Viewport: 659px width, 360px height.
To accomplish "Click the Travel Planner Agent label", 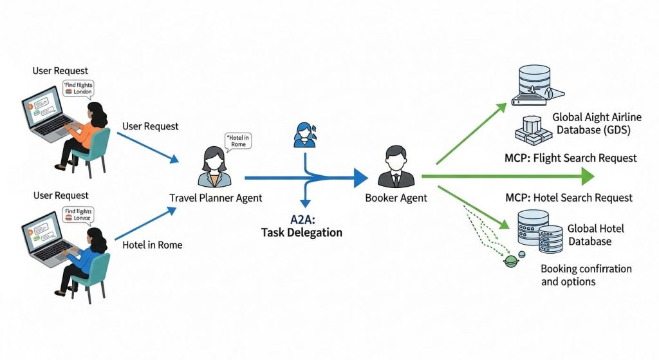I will (216, 198).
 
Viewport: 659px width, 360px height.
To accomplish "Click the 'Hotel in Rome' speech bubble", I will (237, 140).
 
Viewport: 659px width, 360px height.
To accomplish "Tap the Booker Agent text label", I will (395, 198).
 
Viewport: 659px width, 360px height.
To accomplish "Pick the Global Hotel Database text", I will (595, 235).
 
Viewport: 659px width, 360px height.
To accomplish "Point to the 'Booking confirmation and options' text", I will (586, 275).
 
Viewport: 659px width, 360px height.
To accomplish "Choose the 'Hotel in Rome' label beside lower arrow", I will (152, 245).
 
